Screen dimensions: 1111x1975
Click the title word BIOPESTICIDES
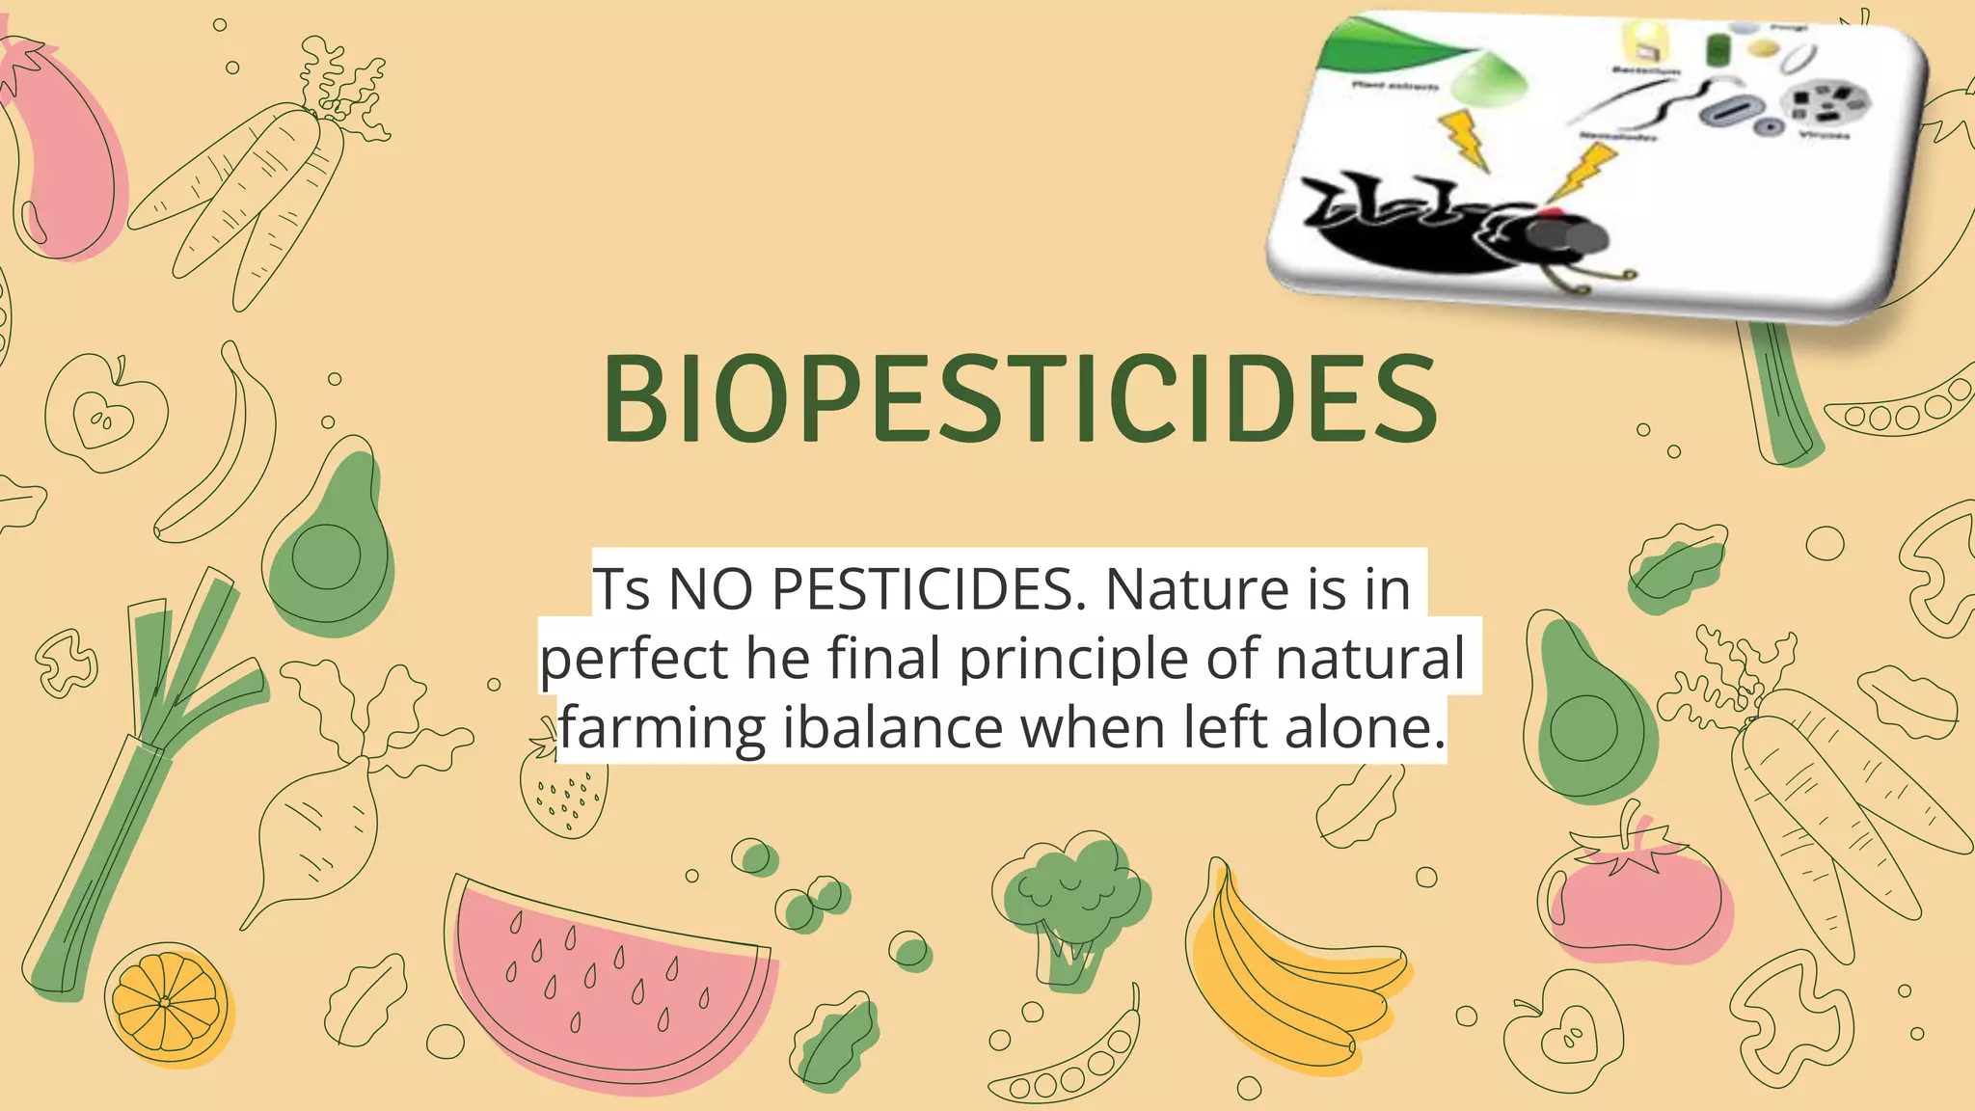pyautogui.click(x=1020, y=399)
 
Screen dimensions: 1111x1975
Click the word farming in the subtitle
pyautogui.click(x=663, y=727)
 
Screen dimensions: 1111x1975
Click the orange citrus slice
pyautogui.click(x=166, y=1003)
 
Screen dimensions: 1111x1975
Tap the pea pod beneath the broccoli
pyautogui.click(x=1070, y=1061)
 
